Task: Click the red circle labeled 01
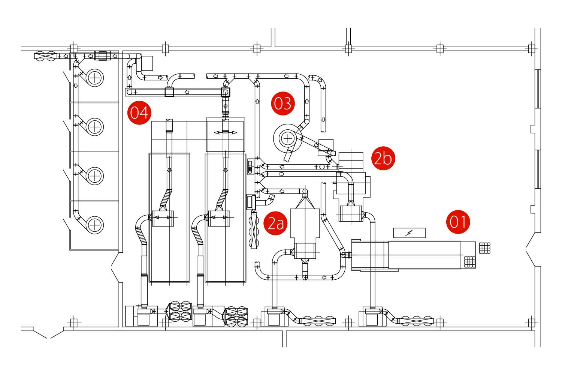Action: point(458,222)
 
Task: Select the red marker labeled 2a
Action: point(275,223)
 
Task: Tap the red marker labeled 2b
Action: point(383,158)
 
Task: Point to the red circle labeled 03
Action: point(283,103)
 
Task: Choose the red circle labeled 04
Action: point(139,113)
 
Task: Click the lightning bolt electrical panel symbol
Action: point(409,233)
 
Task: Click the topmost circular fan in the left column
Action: point(95,78)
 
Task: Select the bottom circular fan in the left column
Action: point(95,225)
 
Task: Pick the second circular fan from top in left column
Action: point(95,127)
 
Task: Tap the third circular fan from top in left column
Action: point(95,176)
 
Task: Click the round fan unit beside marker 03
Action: point(287,138)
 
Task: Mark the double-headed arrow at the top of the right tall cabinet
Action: point(225,133)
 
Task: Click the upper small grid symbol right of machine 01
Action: point(484,248)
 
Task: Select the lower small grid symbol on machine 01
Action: point(470,262)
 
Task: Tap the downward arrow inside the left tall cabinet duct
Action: point(169,170)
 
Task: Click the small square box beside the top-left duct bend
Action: point(147,63)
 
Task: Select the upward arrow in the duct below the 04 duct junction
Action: point(225,106)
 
